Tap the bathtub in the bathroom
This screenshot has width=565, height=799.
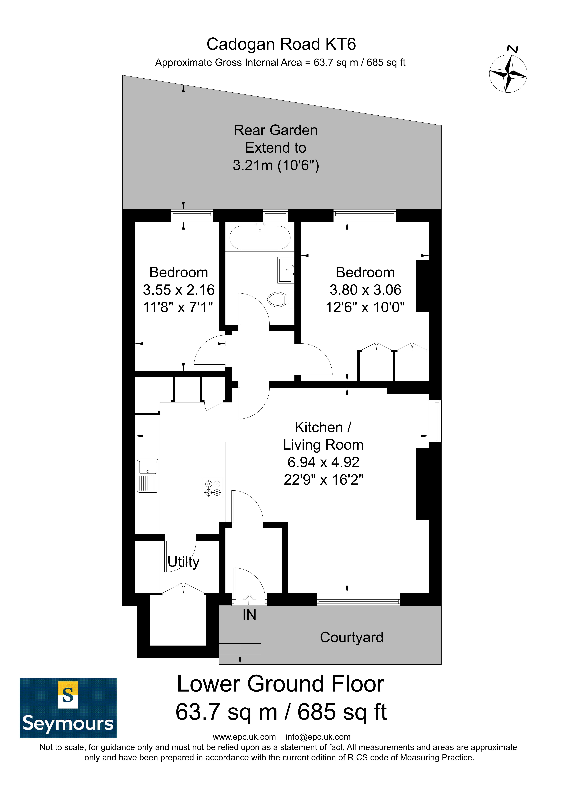coord(260,238)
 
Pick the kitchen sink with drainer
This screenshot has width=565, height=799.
coord(148,476)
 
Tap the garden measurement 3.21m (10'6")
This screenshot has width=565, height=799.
coord(276,165)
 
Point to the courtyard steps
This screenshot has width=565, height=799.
coord(240,653)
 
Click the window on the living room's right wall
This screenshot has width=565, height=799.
coord(435,421)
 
